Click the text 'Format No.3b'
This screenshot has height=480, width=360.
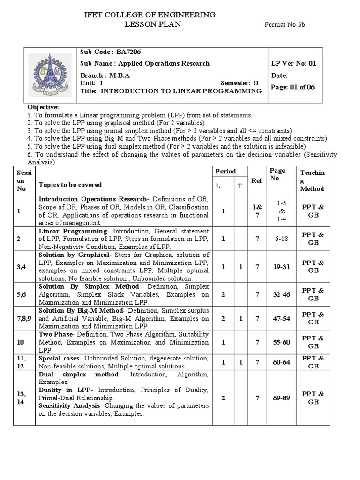pos(285,25)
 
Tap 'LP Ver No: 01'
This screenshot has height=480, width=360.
pos(293,63)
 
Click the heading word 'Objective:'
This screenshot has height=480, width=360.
pos(43,107)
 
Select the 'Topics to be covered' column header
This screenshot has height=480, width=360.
pos(70,185)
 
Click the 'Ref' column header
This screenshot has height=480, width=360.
pos(257,180)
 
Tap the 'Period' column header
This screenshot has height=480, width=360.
pos(225,172)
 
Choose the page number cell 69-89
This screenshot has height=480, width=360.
pos(281,397)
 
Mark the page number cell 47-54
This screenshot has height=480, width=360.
pos(281,318)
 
